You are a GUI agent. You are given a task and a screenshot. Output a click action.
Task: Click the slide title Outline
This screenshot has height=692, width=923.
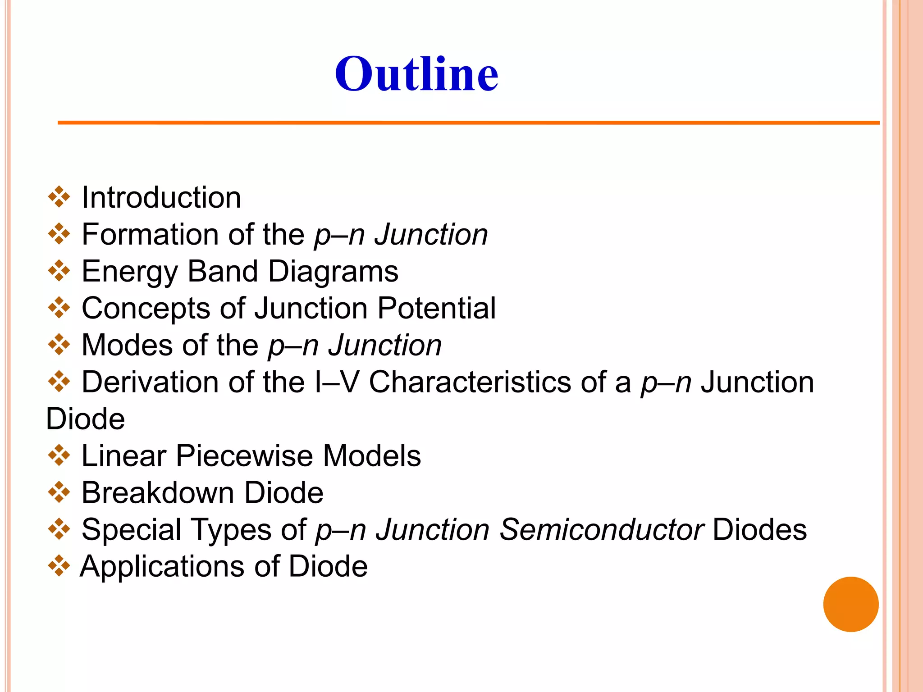click(x=416, y=74)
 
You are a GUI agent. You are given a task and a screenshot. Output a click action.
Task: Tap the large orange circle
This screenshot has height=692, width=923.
click(x=850, y=604)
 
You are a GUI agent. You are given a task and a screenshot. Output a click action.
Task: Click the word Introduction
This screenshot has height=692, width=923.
click(x=161, y=198)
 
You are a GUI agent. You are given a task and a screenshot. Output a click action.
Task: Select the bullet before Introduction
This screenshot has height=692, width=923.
click(x=59, y=197)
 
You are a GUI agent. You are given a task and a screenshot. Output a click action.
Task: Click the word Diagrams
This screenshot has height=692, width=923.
click(x=333, y=272)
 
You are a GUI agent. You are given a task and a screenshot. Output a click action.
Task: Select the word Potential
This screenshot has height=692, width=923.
click(x=437, y=309)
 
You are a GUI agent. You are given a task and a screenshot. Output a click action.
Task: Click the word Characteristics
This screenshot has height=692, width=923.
click(x=470, y=382)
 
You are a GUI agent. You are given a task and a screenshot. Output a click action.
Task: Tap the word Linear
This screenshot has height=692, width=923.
click(x=124, y=456)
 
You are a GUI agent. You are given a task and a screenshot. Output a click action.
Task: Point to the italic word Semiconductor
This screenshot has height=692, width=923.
click(x=602, y=530)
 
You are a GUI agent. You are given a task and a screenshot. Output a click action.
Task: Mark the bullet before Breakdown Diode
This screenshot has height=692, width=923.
click(x=59, y=492)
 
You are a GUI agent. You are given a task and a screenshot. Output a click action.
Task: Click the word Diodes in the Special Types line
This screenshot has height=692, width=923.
click(x=759, y=530)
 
